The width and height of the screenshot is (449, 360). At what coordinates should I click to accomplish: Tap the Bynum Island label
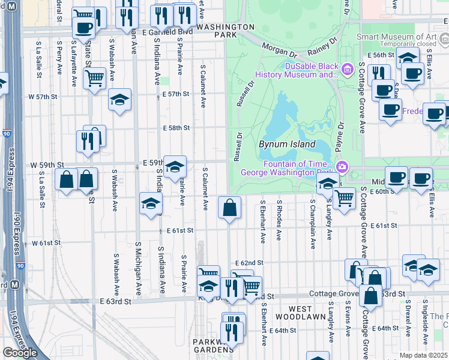287,145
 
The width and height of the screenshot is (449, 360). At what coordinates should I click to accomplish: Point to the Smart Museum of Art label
405,36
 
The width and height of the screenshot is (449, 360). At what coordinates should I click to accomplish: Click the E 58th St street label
176,128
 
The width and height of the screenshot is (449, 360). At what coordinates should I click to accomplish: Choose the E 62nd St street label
249,263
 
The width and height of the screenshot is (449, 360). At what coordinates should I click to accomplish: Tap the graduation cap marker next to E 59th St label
175,166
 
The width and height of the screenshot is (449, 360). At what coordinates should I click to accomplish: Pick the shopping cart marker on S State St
94,77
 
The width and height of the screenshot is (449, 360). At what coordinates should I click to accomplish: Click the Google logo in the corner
20,353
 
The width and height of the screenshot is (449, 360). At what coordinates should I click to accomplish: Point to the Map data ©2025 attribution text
423,355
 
